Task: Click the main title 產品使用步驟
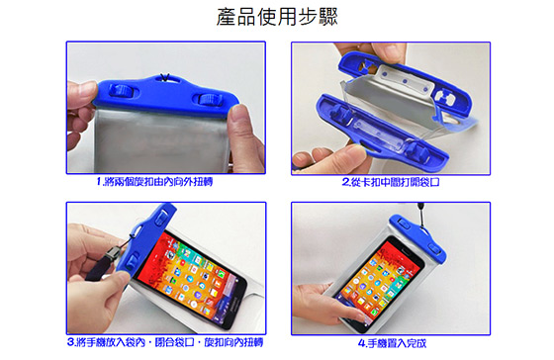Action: point(277,17)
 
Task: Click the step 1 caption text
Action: point(154,182)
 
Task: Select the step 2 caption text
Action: point(391,182)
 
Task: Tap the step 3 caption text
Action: point(165,342)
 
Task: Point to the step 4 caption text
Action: point(392,343)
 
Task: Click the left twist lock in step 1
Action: point(123,91)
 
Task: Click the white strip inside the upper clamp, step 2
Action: point(406,81)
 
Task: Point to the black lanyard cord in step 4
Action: point(422,217)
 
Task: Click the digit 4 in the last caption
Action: point(361,343)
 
